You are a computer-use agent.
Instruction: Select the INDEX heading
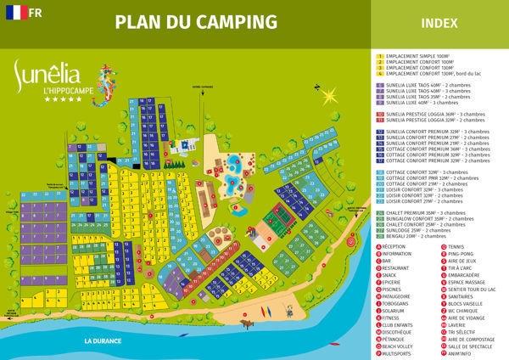[x=439, y=23]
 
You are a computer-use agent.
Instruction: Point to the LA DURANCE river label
[x=103, y=340]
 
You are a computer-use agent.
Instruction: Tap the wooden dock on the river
[x=249, y=323]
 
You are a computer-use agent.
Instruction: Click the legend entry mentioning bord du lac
[x=433, y=74]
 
